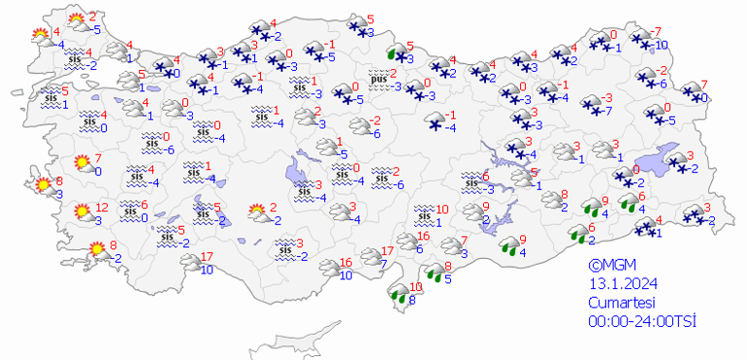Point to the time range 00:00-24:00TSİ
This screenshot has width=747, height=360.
pos(642,321)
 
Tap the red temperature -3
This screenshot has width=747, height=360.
pos(607,98)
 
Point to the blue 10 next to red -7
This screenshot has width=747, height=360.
pos(661,46)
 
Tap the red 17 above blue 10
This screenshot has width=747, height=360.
pos(206,257)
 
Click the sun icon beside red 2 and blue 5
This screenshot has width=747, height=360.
pos(77,21)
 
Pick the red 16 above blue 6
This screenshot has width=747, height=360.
pos(423,238)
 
